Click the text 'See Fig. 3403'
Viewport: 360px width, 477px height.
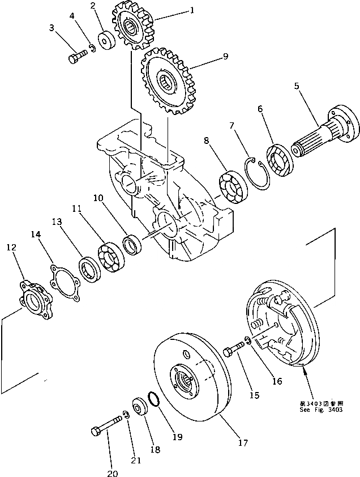[x=321, y=410]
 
